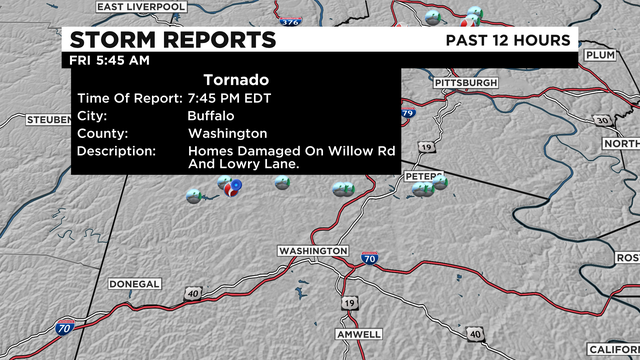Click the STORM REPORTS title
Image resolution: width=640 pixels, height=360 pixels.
click(171, 39)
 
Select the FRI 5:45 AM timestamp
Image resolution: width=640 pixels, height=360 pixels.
click(109, 60)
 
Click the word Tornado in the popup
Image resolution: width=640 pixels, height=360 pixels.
click(236, 79)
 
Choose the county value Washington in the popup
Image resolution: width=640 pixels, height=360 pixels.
click(227, 133)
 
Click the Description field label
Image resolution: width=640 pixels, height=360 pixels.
click(115, 151)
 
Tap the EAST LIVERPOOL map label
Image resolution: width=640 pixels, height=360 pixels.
click(143, 7)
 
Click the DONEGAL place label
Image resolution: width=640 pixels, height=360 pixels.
click(133, 284)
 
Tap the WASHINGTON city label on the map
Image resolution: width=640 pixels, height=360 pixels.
click(313, 250)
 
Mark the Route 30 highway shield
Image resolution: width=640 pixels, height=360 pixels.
click(600, 120)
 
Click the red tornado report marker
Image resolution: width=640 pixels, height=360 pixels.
click(233, 187)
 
